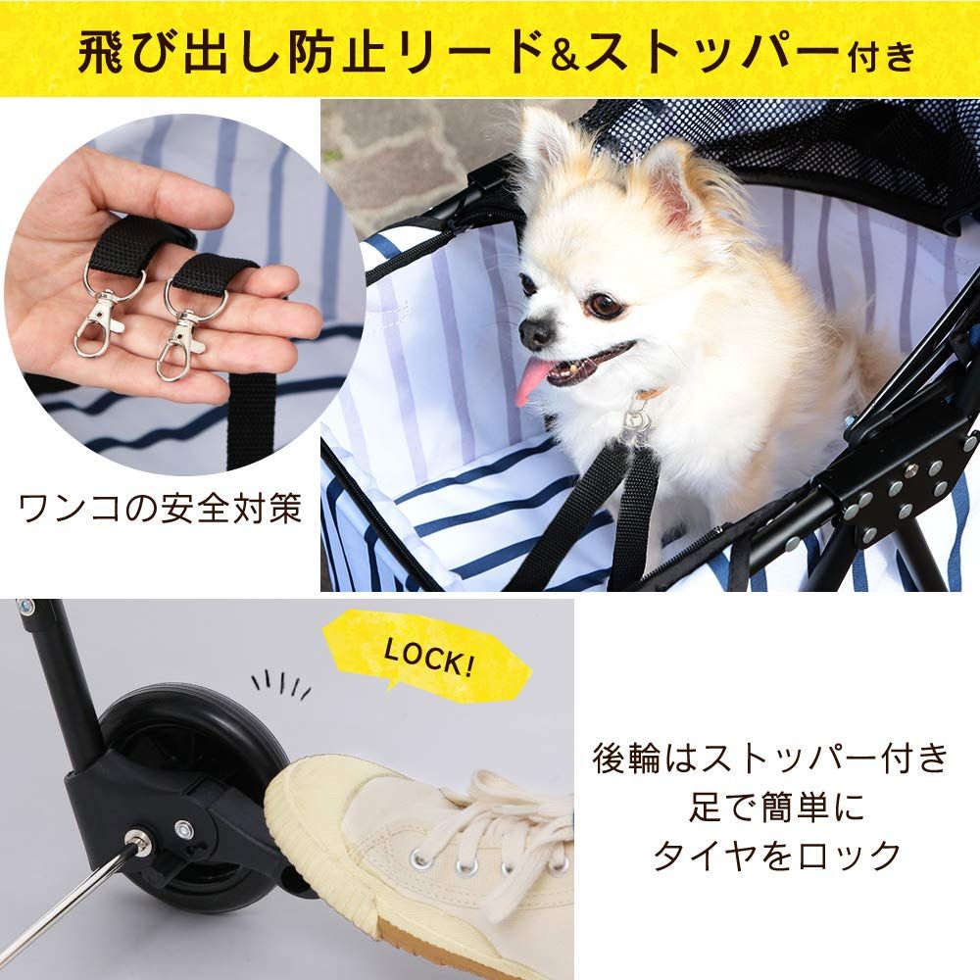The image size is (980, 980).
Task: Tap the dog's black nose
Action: pos(537,334)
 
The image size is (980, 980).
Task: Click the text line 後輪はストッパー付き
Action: pos(769,759)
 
